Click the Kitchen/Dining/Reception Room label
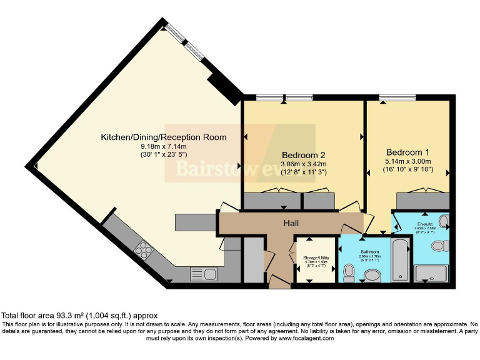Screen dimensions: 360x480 tap(164, 137)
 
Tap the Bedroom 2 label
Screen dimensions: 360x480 tap(304, 155)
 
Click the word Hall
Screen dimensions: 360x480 tap(291, 223)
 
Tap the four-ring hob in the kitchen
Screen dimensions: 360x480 tap(143, 250)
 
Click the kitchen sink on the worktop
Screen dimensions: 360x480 tap(203, 273)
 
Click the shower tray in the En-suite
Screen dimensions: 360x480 tap(432, 273)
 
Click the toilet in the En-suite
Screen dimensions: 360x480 tap(441, 246)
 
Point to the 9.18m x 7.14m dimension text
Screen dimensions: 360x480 tap(164, 147)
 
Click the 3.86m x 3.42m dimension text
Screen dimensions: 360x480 tap(304, 164)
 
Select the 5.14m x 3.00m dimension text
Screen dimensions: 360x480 tap(407, 161)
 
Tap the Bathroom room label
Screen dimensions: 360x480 tap(362, 252)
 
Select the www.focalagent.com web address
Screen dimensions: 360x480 tap(302, 338)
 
